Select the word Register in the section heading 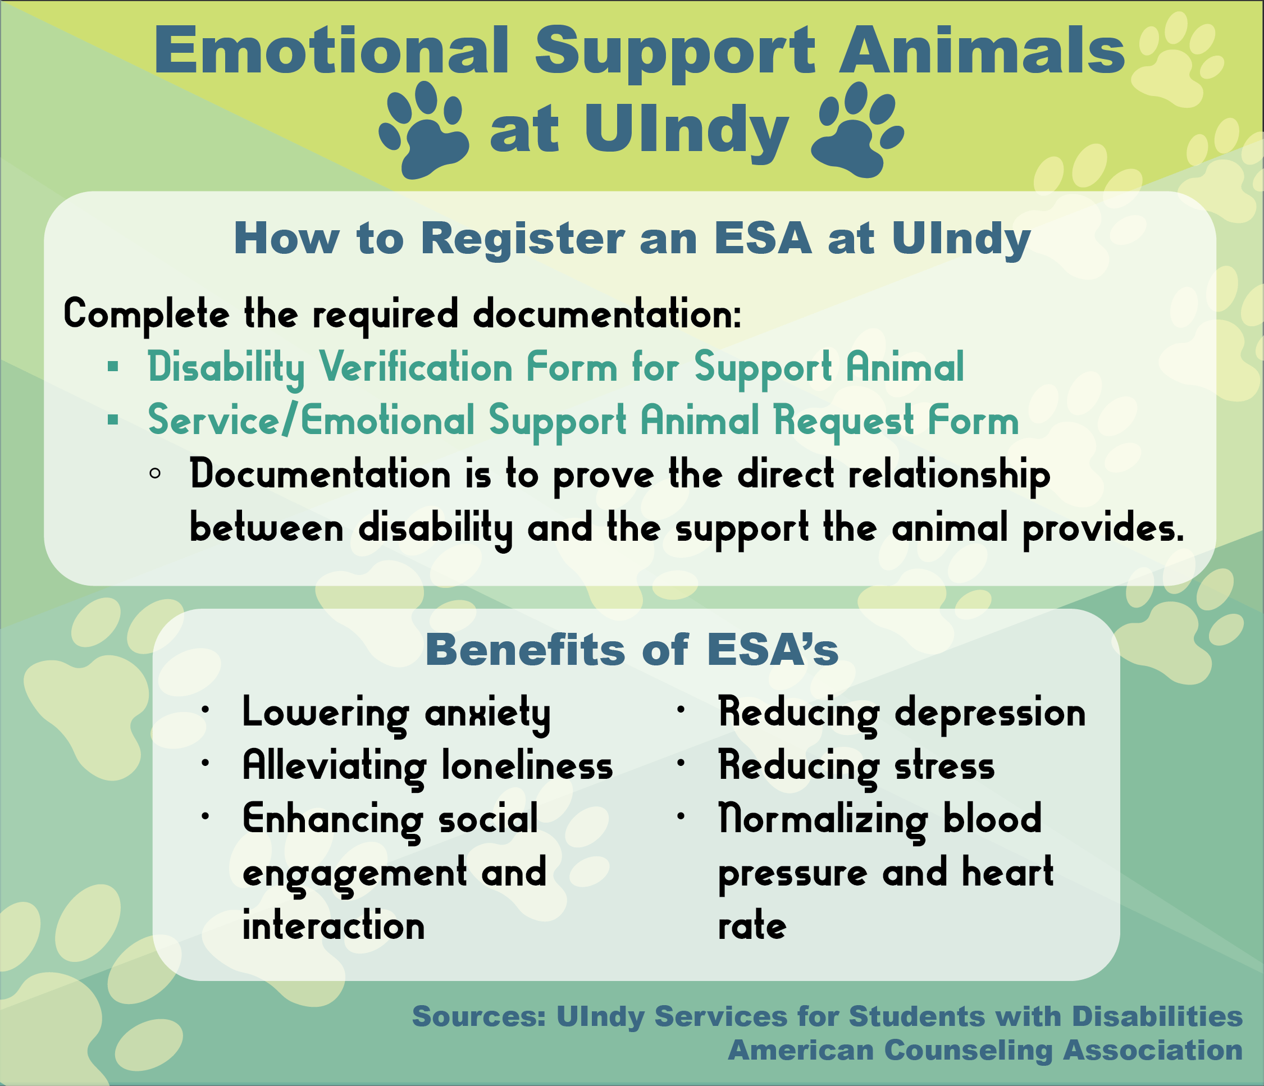tap(523, 239)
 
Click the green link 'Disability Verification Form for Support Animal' tap(556, 367)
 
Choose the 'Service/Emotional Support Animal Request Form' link tap(583, 421)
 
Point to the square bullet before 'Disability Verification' tap(113, 367)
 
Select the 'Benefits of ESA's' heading tap(632, 650)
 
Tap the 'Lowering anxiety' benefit tap(396, 713)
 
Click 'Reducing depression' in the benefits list tap(902, 713)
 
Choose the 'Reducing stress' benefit tap(856, 766)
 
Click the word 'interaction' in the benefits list tap(334, 926)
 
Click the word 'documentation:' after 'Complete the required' tap(608, 314)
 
